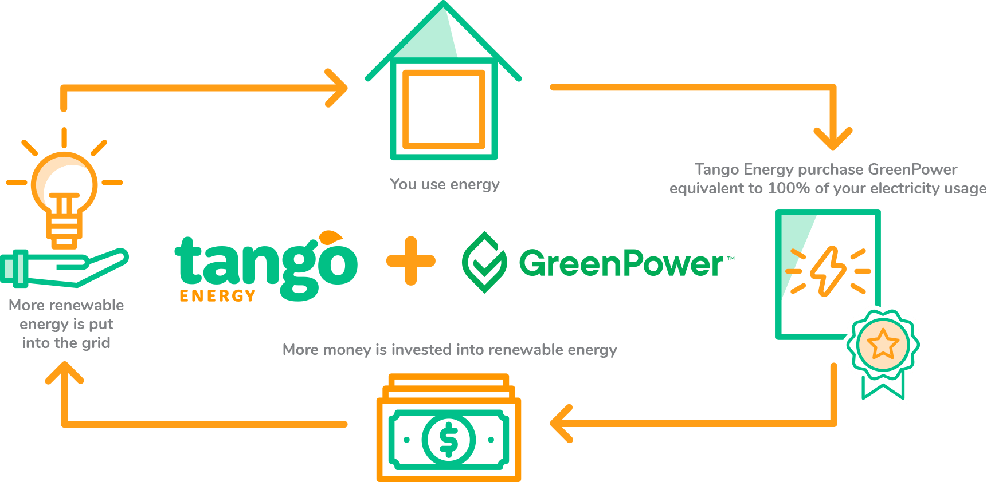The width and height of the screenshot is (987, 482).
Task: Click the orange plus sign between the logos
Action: pos(410,261)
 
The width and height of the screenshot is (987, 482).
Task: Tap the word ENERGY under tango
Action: pos(217,295)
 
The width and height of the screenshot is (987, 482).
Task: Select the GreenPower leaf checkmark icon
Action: pos(484,262)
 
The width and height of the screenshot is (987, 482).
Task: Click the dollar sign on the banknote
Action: pos(448,440)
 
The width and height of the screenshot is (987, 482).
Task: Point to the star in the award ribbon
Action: pos(883,344)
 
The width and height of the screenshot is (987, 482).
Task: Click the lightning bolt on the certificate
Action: pos(828,271)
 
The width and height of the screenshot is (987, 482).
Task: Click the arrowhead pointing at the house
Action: pos(338,88)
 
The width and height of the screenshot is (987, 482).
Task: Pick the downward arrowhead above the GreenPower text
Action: pos(833,139)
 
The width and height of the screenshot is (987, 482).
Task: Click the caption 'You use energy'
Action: pos(444,184)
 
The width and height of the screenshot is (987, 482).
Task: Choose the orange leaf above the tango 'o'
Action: pos(331,236)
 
